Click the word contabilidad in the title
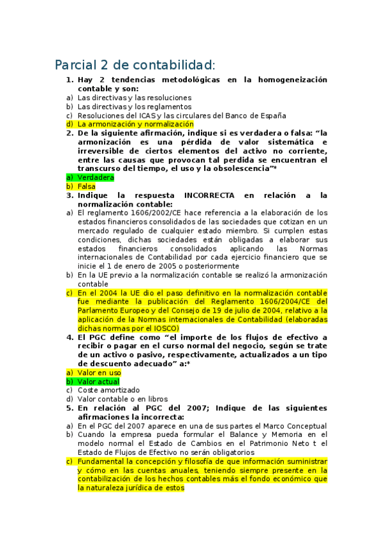coord(172,65)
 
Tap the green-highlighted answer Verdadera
coord(96,177)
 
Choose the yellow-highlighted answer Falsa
coord(87,186)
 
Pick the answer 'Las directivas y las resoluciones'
coord(126,98)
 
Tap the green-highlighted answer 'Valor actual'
coord(98,381)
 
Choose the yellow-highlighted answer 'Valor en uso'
coord(99,372)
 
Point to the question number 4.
coord(70,337)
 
